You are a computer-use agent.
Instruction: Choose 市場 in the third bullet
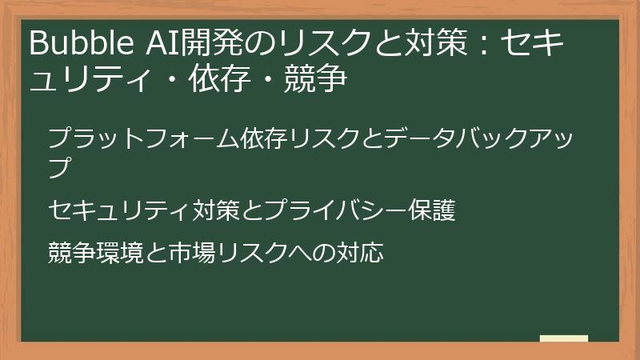tap(191, 253)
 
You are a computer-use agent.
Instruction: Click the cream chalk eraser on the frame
tap(563, 338)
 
